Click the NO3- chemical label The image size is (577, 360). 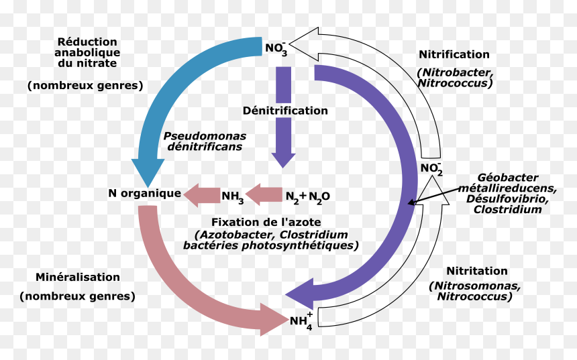[276, 49]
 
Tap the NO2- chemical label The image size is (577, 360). [431, 169]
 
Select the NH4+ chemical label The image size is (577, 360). [301, 321]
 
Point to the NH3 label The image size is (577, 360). [233, 197]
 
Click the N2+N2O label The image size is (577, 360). [308, 197]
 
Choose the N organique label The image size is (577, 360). [145, 194]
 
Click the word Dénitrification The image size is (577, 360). [285, 111]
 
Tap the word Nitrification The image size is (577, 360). [454, 54]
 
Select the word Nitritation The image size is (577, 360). [477, 271]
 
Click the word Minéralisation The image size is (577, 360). [78, 277]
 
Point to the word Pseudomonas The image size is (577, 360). [205, 136]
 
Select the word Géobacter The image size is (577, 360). [508, 178]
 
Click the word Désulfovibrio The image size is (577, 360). [507, 199]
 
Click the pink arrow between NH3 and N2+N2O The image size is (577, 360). [264, 194]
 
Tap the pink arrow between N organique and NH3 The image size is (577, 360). [202, 195]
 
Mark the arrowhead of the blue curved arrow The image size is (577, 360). [148, 173]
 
